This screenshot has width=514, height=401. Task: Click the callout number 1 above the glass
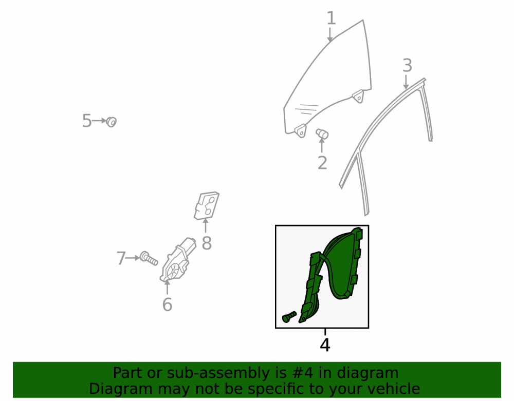332,18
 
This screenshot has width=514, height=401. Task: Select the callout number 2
322,163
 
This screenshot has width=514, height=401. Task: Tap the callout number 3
407,66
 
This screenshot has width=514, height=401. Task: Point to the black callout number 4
325,345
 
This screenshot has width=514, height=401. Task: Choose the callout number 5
87,121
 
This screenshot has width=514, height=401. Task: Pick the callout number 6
167,305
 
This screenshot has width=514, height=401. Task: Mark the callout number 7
121,258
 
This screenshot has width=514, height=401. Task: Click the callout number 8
207,243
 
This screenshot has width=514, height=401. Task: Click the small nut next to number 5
112,122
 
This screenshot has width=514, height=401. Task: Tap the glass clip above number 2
322,133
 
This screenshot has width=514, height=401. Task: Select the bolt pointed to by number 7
149,258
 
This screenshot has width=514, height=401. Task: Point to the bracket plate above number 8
206,205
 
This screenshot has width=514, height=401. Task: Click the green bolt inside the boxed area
289,317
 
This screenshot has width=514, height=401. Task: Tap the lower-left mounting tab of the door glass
301,130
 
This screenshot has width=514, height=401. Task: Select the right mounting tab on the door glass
358,97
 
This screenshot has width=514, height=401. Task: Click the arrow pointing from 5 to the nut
99,121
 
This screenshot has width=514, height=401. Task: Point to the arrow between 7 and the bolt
133,258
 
